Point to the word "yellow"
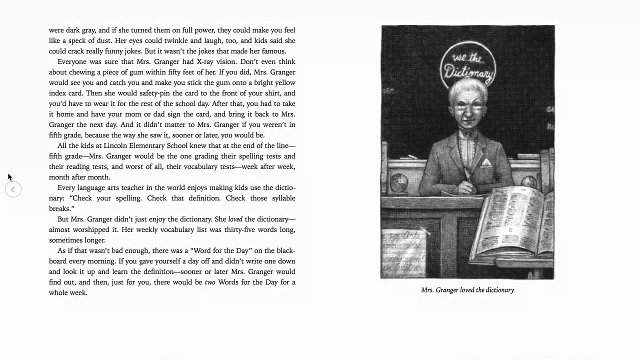point(284,82)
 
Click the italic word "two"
point(210,282)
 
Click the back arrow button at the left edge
point(13,189)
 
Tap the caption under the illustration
point(467,290)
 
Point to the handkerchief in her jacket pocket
point(486,163)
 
